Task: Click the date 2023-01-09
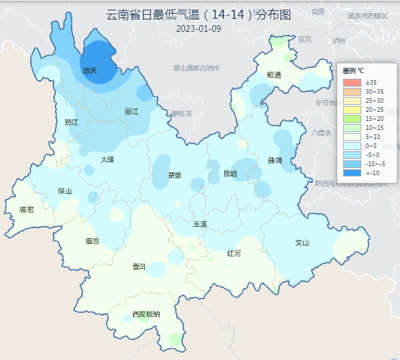pos(198,28)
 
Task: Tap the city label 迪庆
pos(90,70)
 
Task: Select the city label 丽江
pos(132,111)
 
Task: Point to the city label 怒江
pos(72,122)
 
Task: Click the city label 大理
pos(107,159)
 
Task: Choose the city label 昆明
pos(230,174)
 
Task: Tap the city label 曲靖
pos(275,160)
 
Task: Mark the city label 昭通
pos(275,75)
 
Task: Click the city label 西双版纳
pos(146,315)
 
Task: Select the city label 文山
pos(302,243)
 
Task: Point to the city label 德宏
pos(26,209)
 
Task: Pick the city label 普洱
pos(139,267)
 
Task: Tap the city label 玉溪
pos(200,224)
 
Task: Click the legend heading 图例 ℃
pos(353,70)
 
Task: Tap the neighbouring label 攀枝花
pos(182,114)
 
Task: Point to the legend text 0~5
pos(372,146)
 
